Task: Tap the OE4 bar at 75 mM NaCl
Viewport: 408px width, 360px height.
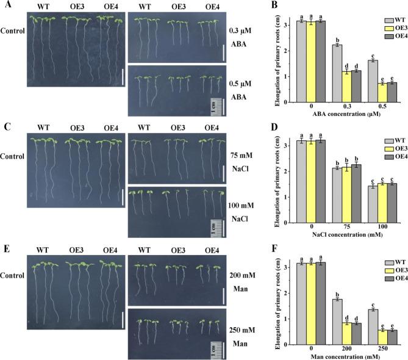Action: coord(356,188)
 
